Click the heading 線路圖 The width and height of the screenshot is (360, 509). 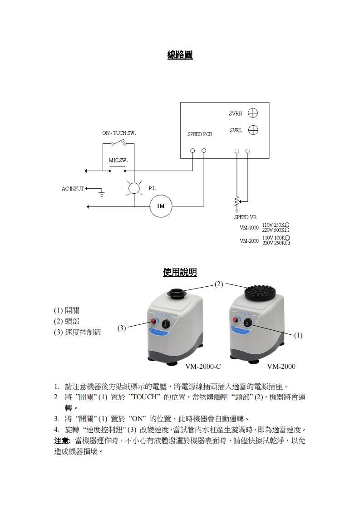(x=180, y=55)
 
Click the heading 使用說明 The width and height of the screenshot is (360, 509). (x=180, y=272)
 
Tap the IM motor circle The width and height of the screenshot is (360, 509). (x=161, y=206)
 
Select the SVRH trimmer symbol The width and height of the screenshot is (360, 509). (x=253, y=113)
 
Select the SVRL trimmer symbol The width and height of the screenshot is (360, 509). (x=253, y=130)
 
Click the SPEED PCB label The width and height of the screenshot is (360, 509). (x=200, y=135)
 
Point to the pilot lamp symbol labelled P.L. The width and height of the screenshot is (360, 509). (x=133, y=188)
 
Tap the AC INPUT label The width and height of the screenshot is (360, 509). (x=73, y=189)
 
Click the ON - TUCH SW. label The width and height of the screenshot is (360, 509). (x=119, y=133)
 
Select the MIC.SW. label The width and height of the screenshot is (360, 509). (x=118, y=161)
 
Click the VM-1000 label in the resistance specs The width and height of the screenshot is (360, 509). (x=249, y=227)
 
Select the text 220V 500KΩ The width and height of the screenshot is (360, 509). (x=276, y=230)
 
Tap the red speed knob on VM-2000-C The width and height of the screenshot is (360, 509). (x=153, y=322)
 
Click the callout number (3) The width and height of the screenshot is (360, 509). (x=122, y=328)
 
